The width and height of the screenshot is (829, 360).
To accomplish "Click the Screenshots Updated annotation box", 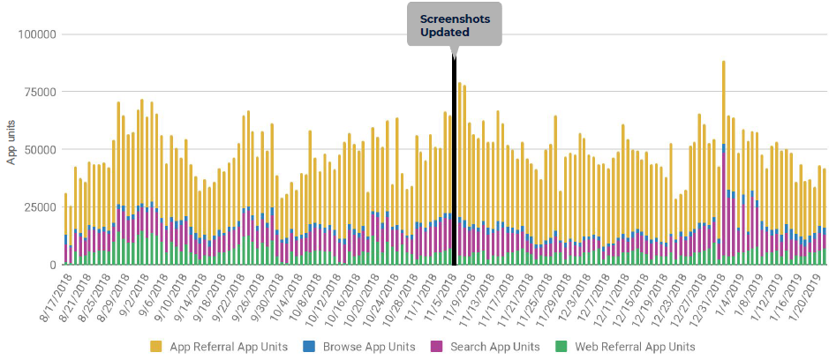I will (x=454, y=25).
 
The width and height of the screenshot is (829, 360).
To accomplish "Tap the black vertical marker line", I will (x=454, y=159).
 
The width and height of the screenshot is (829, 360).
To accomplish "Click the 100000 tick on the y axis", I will (x=37, y=34).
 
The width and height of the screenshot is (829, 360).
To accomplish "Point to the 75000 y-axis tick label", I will (x=40, y=92).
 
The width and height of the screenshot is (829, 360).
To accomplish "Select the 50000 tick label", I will (x=40, y=149).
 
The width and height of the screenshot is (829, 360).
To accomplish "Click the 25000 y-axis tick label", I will (x=40, y=207).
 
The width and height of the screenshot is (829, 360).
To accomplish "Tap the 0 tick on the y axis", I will (x=53, y=265).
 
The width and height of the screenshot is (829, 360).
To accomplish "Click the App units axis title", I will (x=11, y=143).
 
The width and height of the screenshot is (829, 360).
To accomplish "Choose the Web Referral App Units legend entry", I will (x=629, y=347).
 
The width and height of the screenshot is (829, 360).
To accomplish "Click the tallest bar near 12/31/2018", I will (x=724, y=163).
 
